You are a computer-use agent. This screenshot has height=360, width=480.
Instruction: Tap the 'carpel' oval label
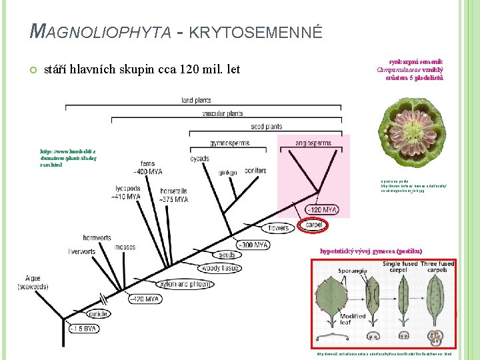click(x=314, y=225)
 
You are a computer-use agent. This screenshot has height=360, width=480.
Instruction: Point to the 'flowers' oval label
click(x=279, y=228)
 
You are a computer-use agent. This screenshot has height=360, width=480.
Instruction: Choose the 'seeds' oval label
click(x=227, y=254)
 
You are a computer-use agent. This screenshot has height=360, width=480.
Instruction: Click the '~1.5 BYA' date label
click(x=85, y=328)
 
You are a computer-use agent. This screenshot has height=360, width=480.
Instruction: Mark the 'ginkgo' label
click(x=227, y=172)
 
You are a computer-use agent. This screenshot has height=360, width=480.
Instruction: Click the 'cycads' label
click(x=199, y=159)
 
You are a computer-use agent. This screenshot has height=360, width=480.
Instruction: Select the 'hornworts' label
click(x=97, y=237)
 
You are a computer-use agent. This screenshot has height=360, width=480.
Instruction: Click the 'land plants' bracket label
click(x=196, y=100)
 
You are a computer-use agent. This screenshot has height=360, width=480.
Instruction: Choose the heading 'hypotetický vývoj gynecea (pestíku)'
click(x=371, y=251)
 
